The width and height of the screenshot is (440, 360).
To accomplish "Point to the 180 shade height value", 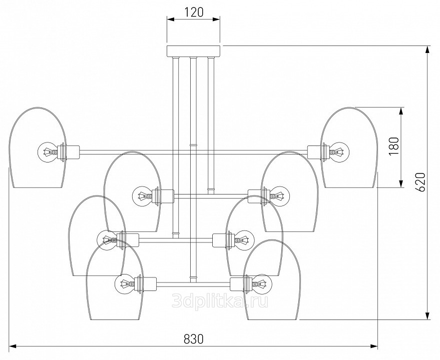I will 393,146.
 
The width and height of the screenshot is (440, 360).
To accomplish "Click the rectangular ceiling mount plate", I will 193,50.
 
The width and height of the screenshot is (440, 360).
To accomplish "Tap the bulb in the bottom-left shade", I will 125,285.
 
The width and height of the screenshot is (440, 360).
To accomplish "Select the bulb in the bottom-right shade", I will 261,284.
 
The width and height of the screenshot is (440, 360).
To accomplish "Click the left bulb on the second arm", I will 142,194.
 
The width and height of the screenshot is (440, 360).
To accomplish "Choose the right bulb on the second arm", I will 279,194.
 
